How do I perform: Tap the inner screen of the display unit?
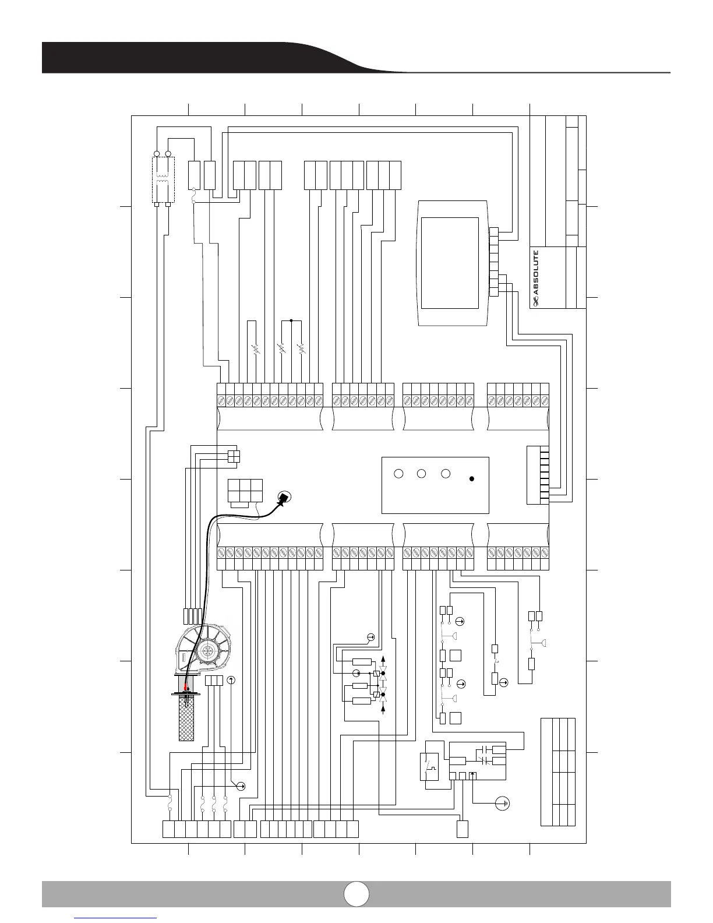point(450,263)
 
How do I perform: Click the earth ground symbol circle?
point(502,804)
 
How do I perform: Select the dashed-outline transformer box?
point(163,180)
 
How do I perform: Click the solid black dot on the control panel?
point(472,479)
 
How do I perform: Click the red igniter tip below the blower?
point(186,686)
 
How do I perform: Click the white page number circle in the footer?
point(356,893)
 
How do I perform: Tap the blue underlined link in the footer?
point(117,917)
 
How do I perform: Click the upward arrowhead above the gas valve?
point(383,657)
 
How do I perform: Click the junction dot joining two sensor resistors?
point(291,320)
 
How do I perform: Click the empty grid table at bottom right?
point(558,771)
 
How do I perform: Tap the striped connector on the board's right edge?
point(538,474)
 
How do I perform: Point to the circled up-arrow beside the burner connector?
point(231,680)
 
